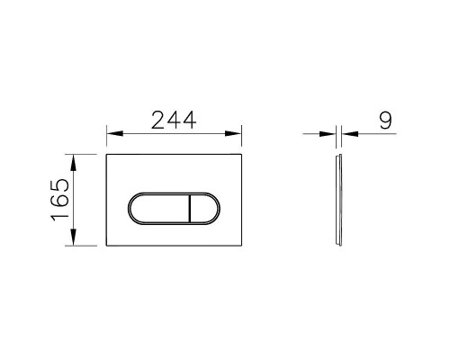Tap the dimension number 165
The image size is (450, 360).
click(x=60, y=201)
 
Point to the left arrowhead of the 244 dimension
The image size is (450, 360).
click(x=112, y=135)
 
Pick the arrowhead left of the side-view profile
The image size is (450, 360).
click(x=328, y=135)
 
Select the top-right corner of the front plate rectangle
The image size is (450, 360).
click(x=245, y=155)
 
